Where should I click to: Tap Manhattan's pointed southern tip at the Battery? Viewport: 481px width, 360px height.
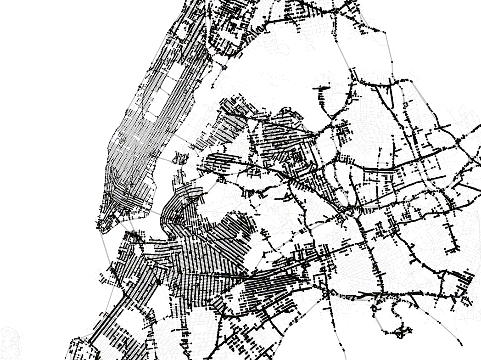[100, 227]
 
